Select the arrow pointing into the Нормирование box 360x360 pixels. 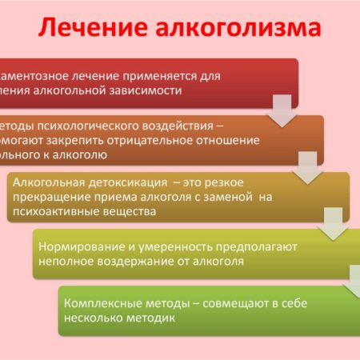(x=337, y=223)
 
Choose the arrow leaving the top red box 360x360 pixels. (x=281, y=110)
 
